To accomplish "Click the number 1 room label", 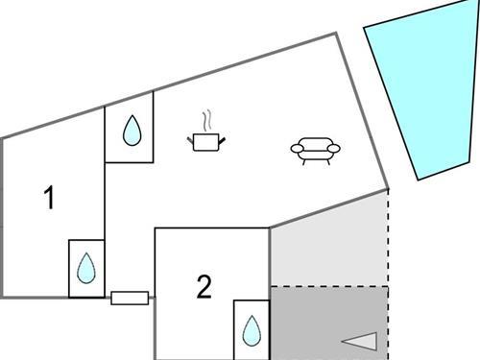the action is click(x=50, y=199).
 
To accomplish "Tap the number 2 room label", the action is click(x=204, y=287).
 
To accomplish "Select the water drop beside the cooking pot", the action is click(x=131, y=131).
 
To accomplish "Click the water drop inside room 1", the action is click(x=86, y=266).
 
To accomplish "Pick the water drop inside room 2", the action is click(x=252, y=330).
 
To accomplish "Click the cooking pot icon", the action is click(x=206, y=142).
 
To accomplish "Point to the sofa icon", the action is click(x=315, y=150).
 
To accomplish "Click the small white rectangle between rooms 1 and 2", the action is click(x=130, y=298).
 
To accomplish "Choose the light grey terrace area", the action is click(x=326, y=245).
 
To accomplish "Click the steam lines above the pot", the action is click(x=205, y=121).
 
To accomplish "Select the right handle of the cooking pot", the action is click(x=223, y=140).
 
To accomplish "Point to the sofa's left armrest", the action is click(x=297, y=149).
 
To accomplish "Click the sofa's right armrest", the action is click(x=334, y=149).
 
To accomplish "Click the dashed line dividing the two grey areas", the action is click(x=329, y=286).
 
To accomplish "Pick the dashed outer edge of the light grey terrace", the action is click(x=388, y=240).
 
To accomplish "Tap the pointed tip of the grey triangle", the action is click(x=343, y=339).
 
